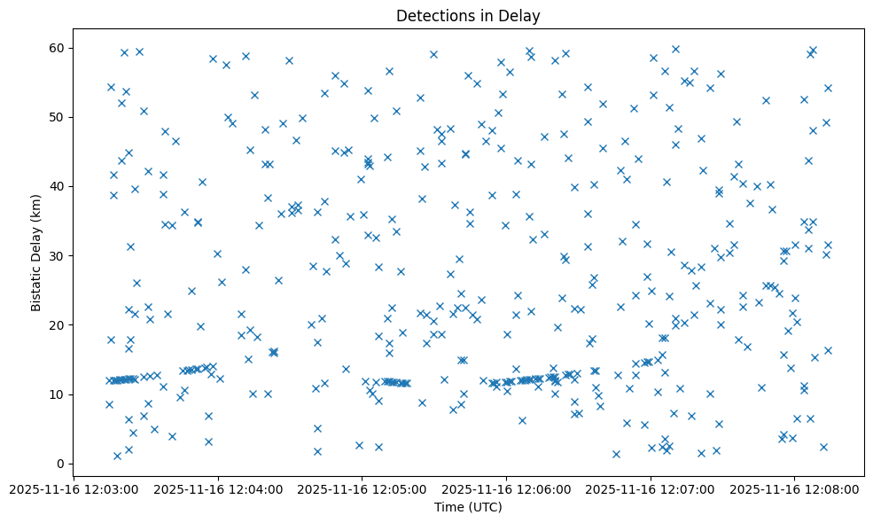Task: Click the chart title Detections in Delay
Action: pos(468,15)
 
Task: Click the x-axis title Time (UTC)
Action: pos(468,507)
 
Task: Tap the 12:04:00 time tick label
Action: pos(218,488)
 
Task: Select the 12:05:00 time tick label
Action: pos(362,488)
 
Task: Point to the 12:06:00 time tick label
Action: pos(507,488)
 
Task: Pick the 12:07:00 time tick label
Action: pos(651,488)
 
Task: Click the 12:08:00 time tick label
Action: pos(795,488)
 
